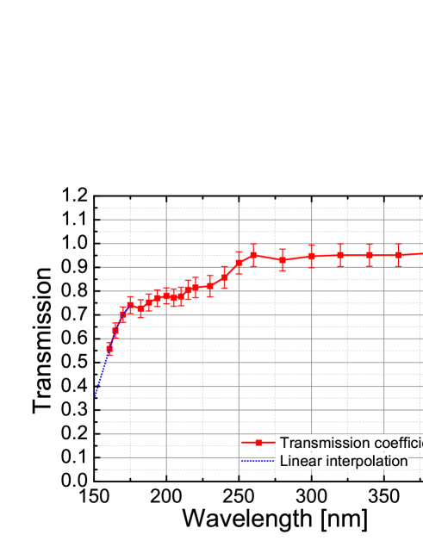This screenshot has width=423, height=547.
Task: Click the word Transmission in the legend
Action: [320, 443]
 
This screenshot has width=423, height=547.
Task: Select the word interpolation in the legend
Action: [364, 462]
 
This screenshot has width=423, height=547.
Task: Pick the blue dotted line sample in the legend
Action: [257, 462]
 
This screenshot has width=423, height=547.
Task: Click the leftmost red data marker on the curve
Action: [109, 348]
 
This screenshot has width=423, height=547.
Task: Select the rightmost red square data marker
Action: [398, 255]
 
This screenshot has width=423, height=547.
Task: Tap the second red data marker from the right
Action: [369, 255]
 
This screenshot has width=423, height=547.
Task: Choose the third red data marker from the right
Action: [340, 255]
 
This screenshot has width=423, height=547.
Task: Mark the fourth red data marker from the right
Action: [311, 256]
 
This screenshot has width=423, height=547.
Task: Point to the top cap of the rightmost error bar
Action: [398, 245]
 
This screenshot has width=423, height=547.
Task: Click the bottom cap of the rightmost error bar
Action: [398, 266]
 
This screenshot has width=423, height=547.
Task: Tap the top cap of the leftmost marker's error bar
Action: [109, 341]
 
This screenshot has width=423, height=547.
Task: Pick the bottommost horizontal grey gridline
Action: [172, 470]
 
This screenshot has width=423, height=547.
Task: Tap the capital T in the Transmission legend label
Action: [285, 443]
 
